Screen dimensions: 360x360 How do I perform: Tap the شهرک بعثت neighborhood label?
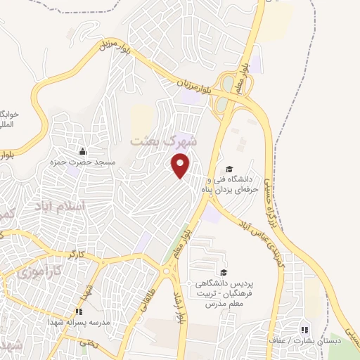(x=165, y=141)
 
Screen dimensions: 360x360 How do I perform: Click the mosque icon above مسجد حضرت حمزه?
(x=82, y=151)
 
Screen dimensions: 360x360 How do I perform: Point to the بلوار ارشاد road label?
(x=176, y=295)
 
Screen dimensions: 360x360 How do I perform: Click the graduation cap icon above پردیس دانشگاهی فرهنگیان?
(x=223, y=273)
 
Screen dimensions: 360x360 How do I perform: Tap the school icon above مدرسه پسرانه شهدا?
(x=79, y=310)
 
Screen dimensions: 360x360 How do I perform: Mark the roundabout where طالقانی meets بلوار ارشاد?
(x=167, y=271)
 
